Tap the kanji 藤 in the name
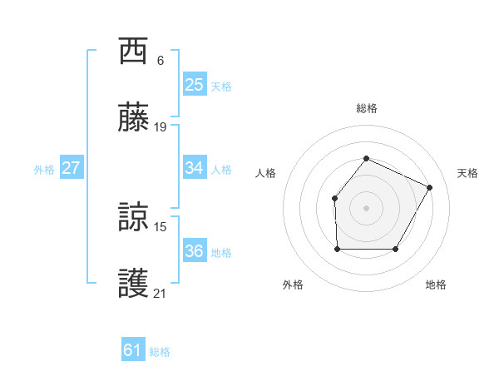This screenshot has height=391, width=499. (x=134, y=118)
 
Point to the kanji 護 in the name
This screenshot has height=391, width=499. (x=134, y=284)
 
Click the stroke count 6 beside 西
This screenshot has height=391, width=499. (x=161, y=61)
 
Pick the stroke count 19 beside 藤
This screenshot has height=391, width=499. (x=161, y=127)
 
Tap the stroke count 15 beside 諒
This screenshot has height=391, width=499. (x=161, y=226)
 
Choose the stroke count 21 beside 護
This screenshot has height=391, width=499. (x=161, y=293)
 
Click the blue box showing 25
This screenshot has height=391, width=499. (x=194, y=84)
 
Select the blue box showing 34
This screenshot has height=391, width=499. (x=194, y=168)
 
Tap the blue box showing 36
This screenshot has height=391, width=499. (x=194, y=251)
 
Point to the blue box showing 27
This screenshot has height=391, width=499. (x=71, y=168)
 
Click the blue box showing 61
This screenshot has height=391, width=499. (x=132, y=350)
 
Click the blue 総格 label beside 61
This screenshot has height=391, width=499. (x=160, y=352)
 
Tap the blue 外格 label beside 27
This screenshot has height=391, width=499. (x=44, y=170)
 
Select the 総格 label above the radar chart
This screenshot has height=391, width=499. (x=366, y=108)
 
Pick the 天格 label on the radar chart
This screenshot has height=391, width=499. (x=467, y=173)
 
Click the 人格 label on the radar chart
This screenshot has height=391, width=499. (x=266, y=173)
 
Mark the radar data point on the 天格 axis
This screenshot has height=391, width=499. (x=429, y=187)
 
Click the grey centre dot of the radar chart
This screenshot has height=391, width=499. (x=366, y=207)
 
